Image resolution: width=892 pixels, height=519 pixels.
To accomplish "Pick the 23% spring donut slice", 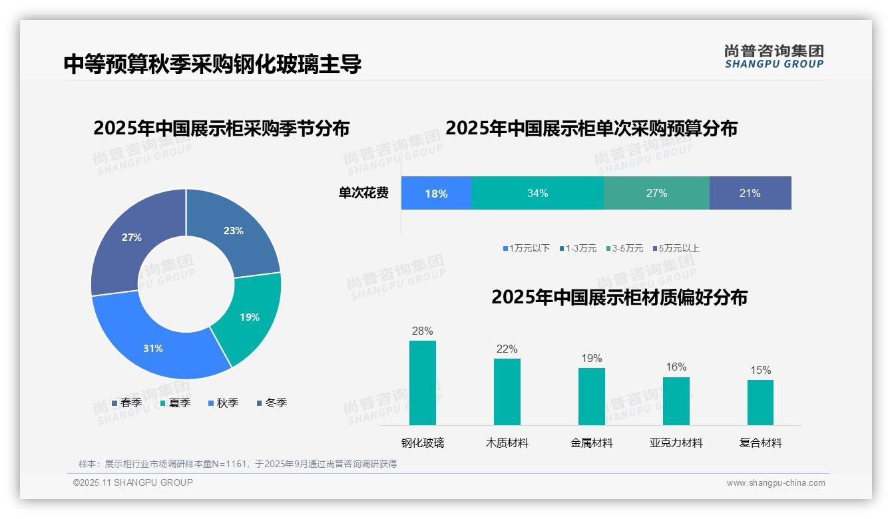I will click(233, 232).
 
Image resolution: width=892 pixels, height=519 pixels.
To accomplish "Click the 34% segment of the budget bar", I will click(537, 193).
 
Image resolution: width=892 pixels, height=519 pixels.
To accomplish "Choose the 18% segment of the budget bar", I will click(436, 193).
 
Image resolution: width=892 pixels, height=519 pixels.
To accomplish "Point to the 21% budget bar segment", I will click(750, 193).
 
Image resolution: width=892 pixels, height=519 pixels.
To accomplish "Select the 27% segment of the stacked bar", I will click(656, 193).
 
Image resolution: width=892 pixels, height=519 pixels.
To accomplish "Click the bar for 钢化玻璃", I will click(423, 383).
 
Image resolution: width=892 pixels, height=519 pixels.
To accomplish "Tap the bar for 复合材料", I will click(760, 402).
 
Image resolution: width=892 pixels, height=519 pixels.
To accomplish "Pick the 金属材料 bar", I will click(591, 396).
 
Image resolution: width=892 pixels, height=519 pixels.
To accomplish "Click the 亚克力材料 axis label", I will click(676, 442).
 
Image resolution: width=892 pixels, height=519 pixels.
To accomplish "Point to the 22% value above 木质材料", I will click(507, 349).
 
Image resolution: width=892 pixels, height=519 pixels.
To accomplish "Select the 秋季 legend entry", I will click(224, 403).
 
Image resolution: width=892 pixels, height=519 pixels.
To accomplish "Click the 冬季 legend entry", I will click(272, 403).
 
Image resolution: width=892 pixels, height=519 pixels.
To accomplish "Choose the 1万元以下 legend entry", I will click(527, 248).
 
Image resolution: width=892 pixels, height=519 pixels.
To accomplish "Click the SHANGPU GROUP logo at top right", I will click(774, 57).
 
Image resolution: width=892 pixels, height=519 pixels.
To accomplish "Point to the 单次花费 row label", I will click(363, 193).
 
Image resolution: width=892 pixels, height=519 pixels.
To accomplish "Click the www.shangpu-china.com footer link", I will click(776, 483).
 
